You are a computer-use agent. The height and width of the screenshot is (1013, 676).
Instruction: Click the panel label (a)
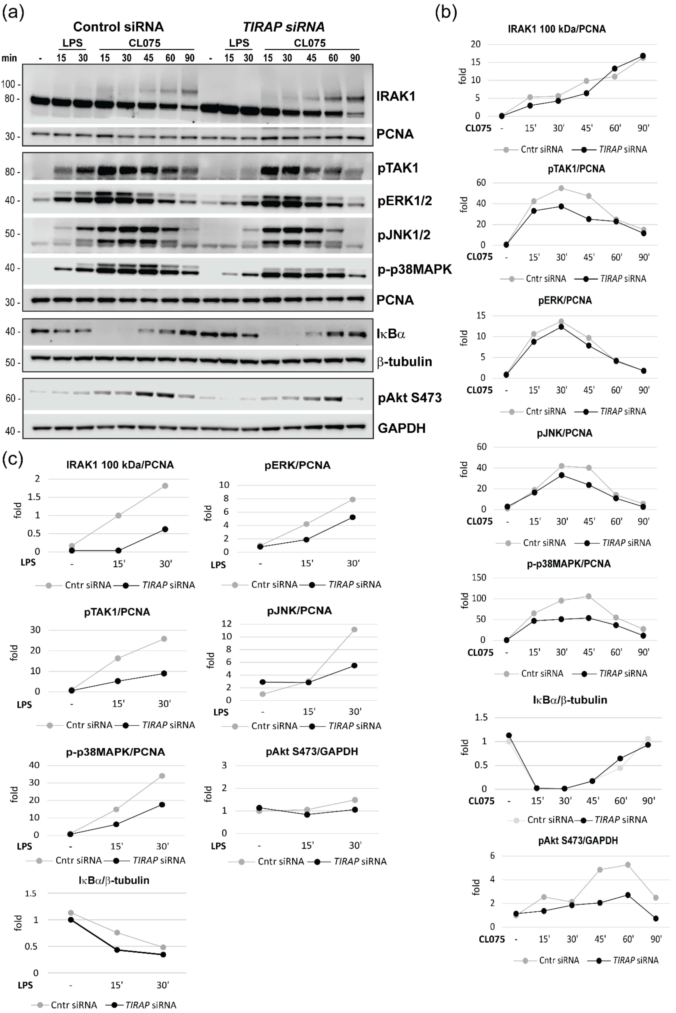(x=13, y=12)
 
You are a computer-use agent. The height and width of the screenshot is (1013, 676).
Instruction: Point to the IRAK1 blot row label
(x=395, y=96)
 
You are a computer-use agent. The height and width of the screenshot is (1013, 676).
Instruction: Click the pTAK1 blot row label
(x=398, y=168)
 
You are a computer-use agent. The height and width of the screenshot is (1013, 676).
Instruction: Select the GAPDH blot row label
(x=401, y=428)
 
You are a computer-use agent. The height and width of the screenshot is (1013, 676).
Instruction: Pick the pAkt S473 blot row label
(x=410, y=397)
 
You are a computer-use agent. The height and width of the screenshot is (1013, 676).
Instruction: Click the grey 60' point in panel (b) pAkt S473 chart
(x=628, y=865)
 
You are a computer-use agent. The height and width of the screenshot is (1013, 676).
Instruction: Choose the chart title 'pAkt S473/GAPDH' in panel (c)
(x=312, y=752)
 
